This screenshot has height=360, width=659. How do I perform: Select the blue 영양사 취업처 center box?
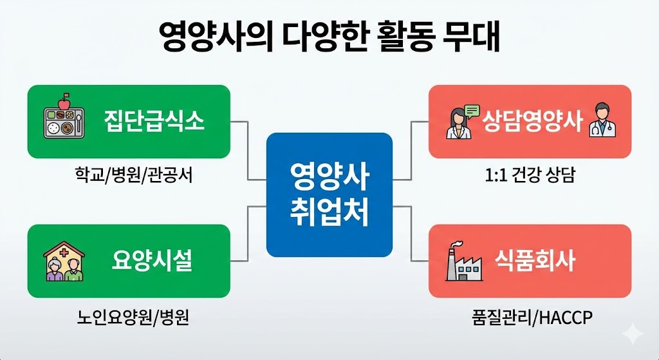[x=329, y=194]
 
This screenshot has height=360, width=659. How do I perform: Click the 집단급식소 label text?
[x=154, y=121]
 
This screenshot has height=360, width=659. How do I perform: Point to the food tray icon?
[x=64, y=122]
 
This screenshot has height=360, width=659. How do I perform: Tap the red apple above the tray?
[x=64, y=102]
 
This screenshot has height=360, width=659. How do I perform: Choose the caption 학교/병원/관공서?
[x=134, y=175]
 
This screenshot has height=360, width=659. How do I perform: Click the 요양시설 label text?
[x=152, y=260]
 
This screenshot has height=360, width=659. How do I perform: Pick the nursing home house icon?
[x=64, y=261]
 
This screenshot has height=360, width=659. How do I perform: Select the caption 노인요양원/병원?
[x=133, y=317]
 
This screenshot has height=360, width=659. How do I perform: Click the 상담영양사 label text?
[x=532, y=121]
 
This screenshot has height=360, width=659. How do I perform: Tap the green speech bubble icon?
[x=472, y=111]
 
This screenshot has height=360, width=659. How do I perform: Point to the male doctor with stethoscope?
[x=602, y=122]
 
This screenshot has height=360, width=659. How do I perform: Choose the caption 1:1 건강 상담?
[x=530, y=175]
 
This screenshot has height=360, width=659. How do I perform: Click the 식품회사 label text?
[x=535, y=260]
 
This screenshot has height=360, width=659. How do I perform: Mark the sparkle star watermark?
[x=633, y=335]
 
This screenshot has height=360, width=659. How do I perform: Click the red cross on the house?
[x=64, y=252]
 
